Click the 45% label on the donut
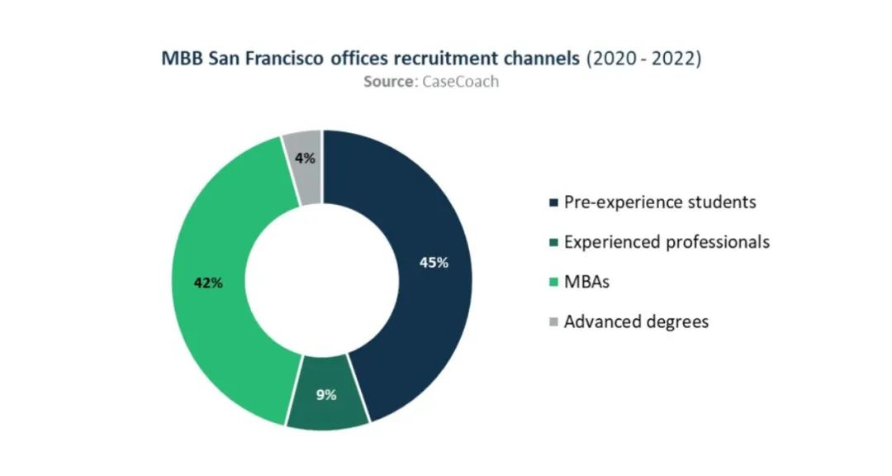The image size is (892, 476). [x=434, y=263]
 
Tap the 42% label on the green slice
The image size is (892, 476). [x=208, y=283]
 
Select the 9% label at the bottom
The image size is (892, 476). [x=326, y=394]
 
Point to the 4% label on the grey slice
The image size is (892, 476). [x=305, y=159]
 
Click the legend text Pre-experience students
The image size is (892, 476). [x=660, y=202]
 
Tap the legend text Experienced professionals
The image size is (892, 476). [x=667, y=243]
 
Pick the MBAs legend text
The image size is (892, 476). [x=586, y=282]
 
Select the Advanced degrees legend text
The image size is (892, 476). [x=636, y=322]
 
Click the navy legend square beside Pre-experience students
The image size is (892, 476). [x=553, y=202]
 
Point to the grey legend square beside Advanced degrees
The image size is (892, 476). [x=553, y=322]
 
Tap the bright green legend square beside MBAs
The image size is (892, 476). [x=553, y=283]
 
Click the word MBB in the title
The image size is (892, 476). [x=182, y=59]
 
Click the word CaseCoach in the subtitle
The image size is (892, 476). [x=460, y=82]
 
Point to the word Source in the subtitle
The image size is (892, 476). [x=389, y=82]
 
